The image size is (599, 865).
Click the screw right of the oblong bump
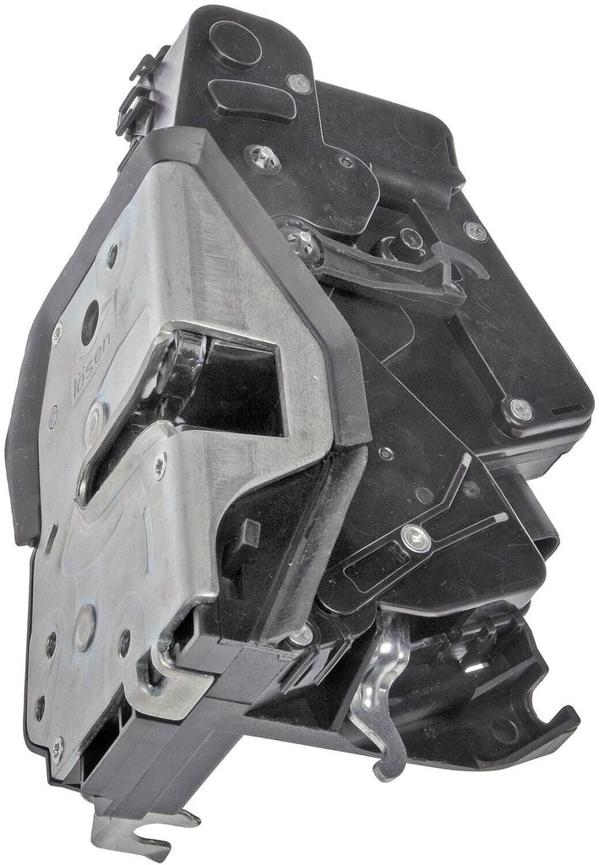(x=299, y=82)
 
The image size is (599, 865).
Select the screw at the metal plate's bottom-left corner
(x=57, y=744)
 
